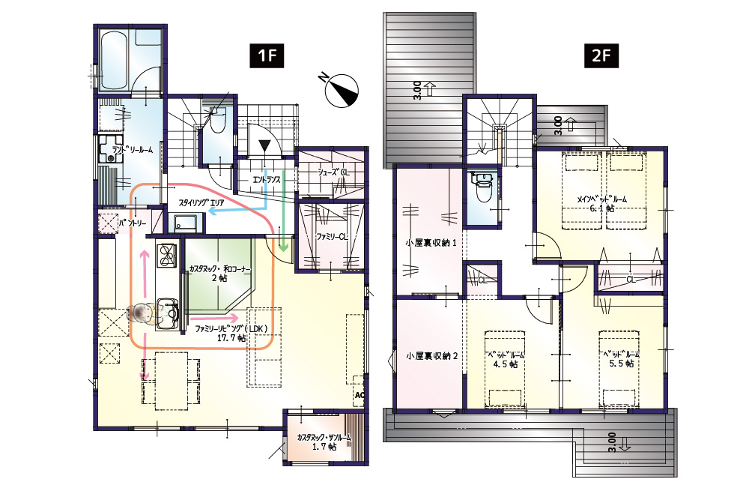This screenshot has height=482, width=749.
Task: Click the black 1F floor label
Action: [267, 55]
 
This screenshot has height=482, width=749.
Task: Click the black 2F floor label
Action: [601, 55]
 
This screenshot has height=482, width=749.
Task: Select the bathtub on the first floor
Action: [115, 60]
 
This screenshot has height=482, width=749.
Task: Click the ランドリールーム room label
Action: [133, 150]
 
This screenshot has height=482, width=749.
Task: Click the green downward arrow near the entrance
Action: [284, 211]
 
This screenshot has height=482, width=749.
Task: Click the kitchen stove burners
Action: [166, 254]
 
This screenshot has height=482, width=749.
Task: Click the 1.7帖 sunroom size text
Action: [324, 447]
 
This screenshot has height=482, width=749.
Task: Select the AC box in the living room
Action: [359, 396]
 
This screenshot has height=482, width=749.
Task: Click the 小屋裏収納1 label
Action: [431, 243]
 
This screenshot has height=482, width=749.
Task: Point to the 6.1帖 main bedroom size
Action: [601, 208]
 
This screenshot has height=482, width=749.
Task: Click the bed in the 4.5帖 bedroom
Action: [505, 369]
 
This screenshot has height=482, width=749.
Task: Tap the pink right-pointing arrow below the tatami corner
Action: [214, 318]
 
